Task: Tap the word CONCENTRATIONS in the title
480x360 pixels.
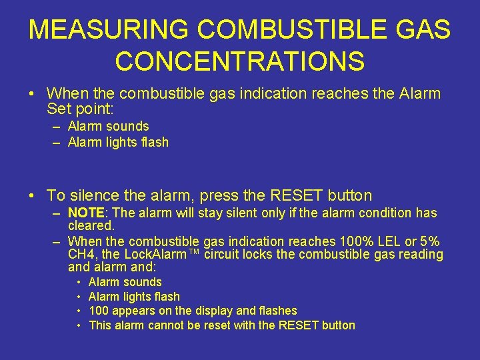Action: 240,61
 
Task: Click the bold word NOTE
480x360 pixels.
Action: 86,213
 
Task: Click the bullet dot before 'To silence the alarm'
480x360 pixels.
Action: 32,196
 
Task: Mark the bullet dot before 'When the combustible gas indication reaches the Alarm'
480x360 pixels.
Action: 32,94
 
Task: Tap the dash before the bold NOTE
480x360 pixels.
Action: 57,213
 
